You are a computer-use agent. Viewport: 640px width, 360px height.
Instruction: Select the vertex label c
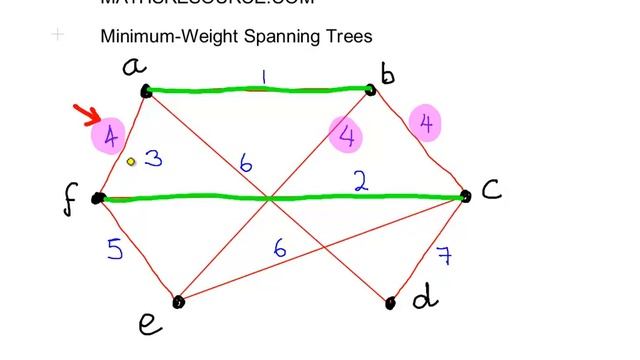[x=490, y=189]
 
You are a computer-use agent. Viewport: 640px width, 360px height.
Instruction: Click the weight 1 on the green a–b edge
[x=263, y=76]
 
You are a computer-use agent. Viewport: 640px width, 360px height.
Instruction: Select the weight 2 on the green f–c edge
[x=360, y=180]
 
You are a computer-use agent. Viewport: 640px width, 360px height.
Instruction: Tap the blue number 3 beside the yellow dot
[x=153, y=158]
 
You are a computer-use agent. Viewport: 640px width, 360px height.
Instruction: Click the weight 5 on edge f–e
[x=116, y=248]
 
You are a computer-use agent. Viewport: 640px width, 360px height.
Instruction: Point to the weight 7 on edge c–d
[x=443, y=255]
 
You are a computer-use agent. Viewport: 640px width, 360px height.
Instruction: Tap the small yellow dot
[x=131, y=160]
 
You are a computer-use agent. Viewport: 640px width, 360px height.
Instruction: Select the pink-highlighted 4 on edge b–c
[x=427, y=124]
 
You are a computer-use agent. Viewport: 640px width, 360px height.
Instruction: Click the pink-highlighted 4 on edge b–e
[x=347, y=134]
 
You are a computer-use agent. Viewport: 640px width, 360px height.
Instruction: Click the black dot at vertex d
[x=391, y=302]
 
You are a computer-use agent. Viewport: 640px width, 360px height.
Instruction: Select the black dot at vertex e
[x=178, y=301]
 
